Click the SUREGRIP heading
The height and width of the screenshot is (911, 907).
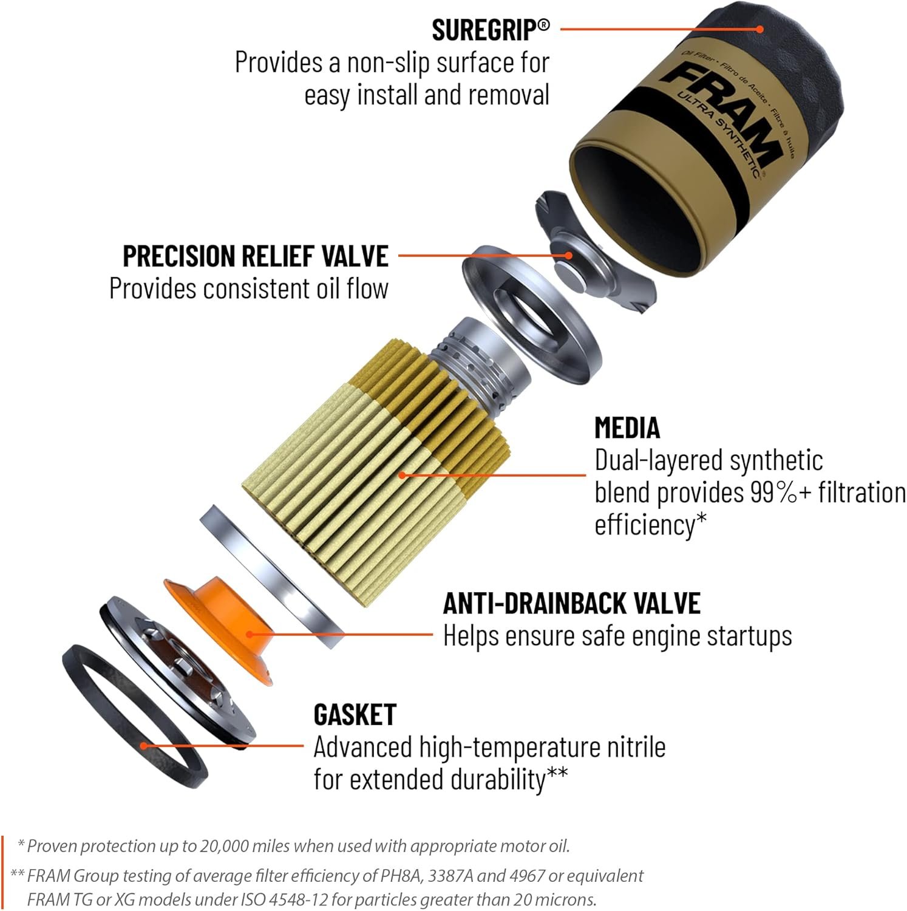(x=490, y=30)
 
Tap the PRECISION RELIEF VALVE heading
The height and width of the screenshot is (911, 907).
(x=255, y=256)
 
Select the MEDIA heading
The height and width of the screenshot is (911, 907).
(x=627, y=428)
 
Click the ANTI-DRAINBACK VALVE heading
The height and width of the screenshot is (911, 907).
(x=571, y=603)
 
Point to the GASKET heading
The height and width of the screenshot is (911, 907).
(x=355, y=715)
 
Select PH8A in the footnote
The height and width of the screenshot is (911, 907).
(x=402, y=876)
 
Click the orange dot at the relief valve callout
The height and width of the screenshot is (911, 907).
(x=569, y=256)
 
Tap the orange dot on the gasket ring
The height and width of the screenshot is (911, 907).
(x=143, y=746)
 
